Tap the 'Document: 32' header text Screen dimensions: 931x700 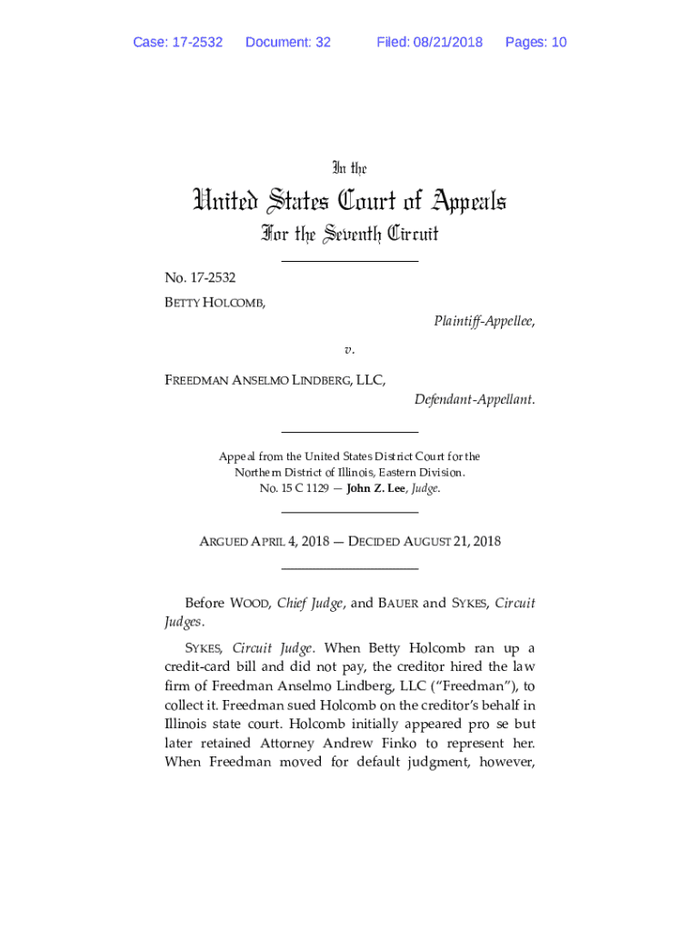pos(288,42)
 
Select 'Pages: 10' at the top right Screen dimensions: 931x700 pos(535,42)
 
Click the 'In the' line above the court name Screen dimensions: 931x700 pos(349,168)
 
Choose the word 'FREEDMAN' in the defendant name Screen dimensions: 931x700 pos(195,380)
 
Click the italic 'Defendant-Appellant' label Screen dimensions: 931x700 pos(474,399)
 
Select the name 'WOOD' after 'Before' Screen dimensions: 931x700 pos(249,603)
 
